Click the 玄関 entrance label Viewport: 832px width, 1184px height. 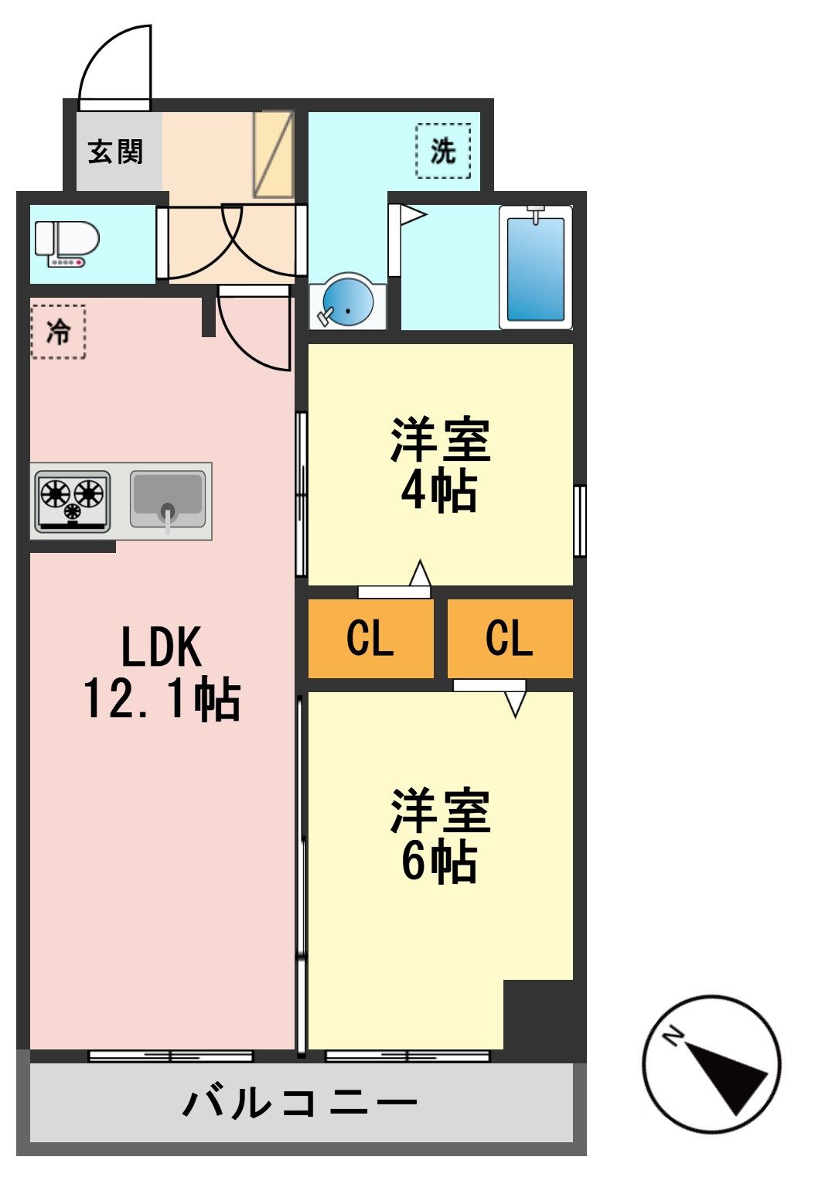(x=115, y=152)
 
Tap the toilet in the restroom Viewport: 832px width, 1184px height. (x=67, y=244)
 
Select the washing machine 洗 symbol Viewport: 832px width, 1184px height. (x=443, y=151)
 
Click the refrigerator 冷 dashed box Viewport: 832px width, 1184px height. (x=58, y=332)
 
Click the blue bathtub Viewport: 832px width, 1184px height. (x=535, y=268)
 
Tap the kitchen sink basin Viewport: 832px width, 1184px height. (x=168, y=500)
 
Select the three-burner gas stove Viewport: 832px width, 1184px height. (x=73, y=501)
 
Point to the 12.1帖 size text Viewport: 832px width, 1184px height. (x=162, y=699)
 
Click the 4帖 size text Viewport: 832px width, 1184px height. (x=439, y=492)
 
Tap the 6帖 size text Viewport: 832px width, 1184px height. (x=439, y=862)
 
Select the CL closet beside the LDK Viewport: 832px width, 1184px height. (x=370, y=638)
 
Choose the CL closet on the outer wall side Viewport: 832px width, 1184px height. (x=510, y=638)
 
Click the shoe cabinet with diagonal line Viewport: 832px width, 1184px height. (x=273, y=154)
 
